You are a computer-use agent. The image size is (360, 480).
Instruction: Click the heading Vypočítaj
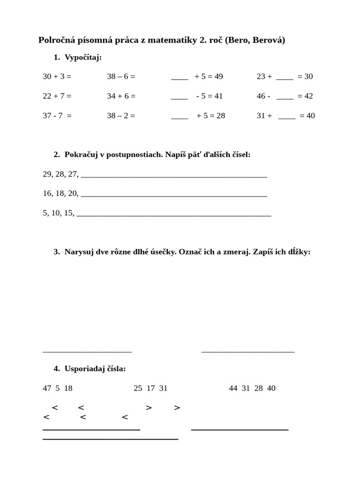83,57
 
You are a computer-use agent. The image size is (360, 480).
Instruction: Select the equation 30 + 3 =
57,76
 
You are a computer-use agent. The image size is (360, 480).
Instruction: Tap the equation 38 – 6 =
121,76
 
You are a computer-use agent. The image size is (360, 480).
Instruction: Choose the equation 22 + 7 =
57,96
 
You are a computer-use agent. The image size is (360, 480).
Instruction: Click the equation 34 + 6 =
121,96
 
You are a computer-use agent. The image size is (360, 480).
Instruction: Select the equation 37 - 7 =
57,116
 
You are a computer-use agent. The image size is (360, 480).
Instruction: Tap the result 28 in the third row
220,116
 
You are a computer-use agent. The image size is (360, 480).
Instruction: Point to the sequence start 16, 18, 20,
60,193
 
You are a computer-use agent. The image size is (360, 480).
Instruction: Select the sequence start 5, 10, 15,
58,213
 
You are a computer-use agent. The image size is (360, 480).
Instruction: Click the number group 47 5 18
58,388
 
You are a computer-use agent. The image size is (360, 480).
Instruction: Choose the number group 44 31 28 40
252,388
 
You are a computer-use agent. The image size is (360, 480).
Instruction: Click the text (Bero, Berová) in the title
255,41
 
